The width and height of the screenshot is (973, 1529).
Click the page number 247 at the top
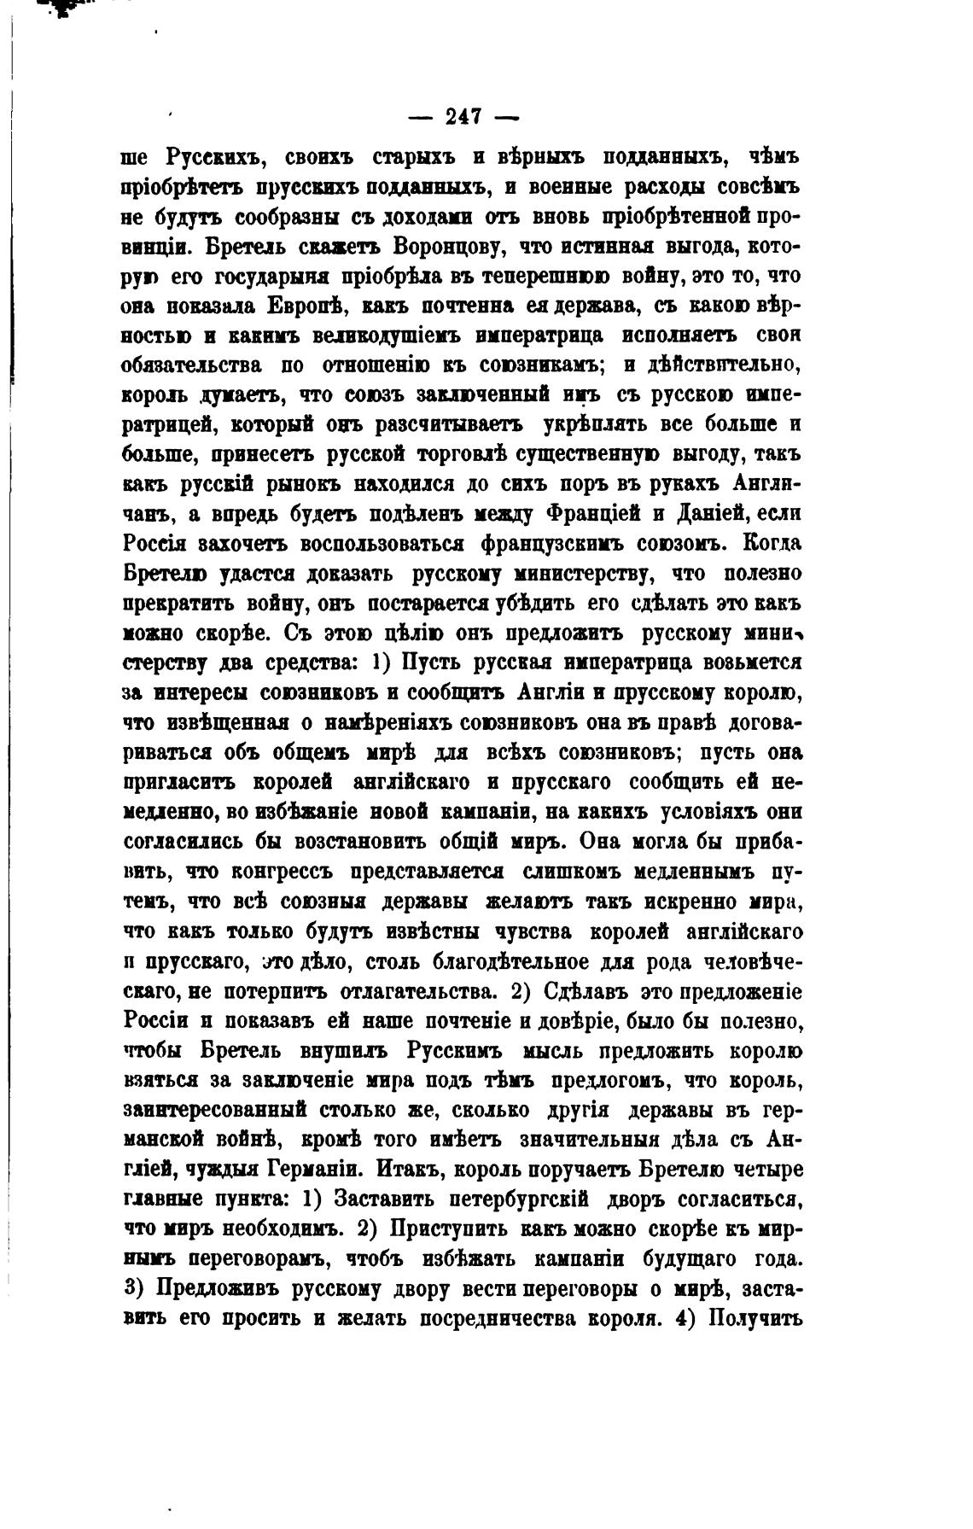464,116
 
